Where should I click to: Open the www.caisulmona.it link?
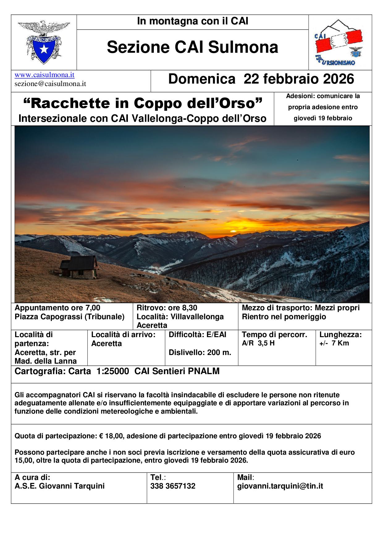click(x=44, y=75)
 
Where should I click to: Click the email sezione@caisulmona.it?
click(x=50, y=84)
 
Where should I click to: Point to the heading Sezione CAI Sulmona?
click(x=192, y=47)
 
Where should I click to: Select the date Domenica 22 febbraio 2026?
click(x=261, y=79)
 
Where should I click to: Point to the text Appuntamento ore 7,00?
click(x=57, y=308)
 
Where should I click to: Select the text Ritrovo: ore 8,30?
click(x=167, y=308)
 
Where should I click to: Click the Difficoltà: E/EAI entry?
click(x=197, y=335)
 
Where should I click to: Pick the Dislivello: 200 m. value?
click(x=200, y=353)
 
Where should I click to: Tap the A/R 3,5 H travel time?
click(x=258, y=343)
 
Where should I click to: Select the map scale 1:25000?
click(x=112, y=371)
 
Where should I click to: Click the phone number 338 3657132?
click(x=173, y=486)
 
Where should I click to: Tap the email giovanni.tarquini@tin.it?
click(x=280, y=486)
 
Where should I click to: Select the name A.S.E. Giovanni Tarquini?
click(x=60, y=486)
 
